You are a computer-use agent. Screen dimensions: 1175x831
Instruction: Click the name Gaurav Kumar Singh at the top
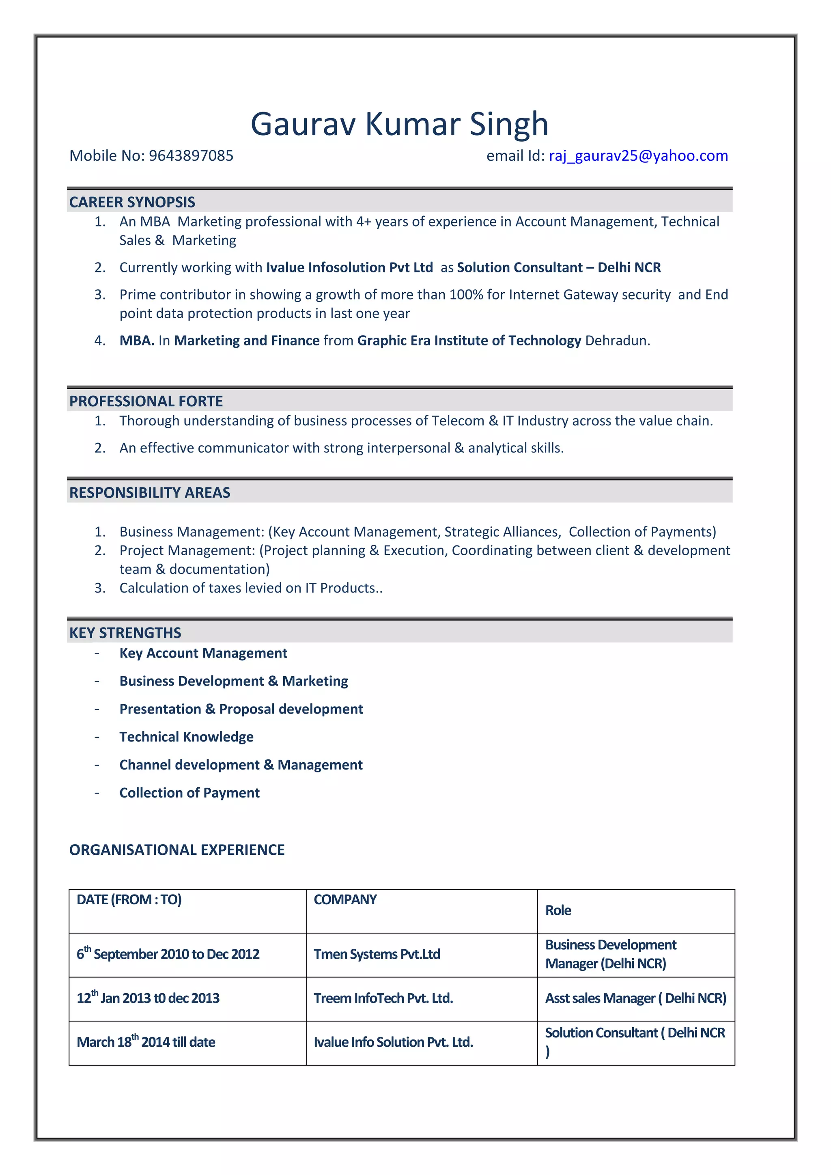point(399,124)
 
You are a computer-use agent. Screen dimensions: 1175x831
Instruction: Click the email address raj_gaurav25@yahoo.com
point(638,155)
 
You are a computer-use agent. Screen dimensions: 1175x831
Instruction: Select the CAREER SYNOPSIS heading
point(132,202)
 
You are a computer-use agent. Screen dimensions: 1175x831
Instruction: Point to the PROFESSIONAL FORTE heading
point(146,401)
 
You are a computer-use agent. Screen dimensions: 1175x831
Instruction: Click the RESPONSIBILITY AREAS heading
point(149,493)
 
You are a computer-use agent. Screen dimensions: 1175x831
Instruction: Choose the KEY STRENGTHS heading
point(125,633)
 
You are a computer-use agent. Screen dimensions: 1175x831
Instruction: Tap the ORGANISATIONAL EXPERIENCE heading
point(177,850)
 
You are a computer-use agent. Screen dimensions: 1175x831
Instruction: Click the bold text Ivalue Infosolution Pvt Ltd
point(349,267)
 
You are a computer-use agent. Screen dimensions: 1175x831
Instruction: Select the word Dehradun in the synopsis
point(617,341)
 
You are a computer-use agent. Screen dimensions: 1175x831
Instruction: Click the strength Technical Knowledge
point(186,737)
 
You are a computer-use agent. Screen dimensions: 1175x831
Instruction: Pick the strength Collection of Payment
point(189,793)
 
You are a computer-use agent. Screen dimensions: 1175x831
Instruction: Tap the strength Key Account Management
point(203,653)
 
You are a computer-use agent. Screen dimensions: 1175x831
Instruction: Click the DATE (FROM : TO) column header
point(129,900)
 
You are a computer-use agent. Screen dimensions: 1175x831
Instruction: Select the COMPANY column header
point(345,900)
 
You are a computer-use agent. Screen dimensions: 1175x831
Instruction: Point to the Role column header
point(558,910)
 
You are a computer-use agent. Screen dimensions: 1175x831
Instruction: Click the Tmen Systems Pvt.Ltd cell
point(377,955)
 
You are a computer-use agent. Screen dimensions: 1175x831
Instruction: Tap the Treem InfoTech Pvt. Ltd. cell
point(383,998)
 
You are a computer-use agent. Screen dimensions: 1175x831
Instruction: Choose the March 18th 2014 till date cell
point(146,1042)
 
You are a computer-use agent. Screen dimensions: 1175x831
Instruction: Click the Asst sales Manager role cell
point(635,998)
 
